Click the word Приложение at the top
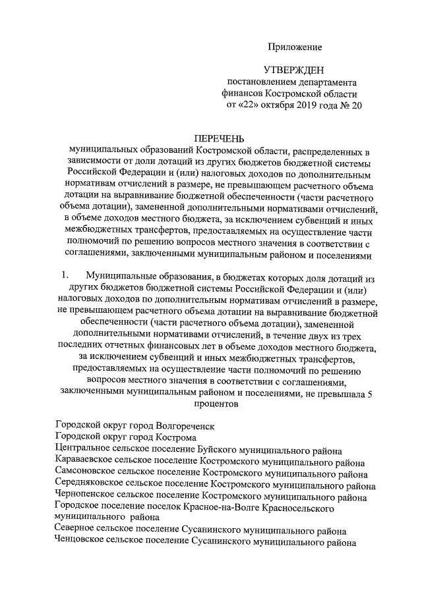point(294,47)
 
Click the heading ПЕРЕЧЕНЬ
point(218,139)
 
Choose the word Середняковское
point(89,487)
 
